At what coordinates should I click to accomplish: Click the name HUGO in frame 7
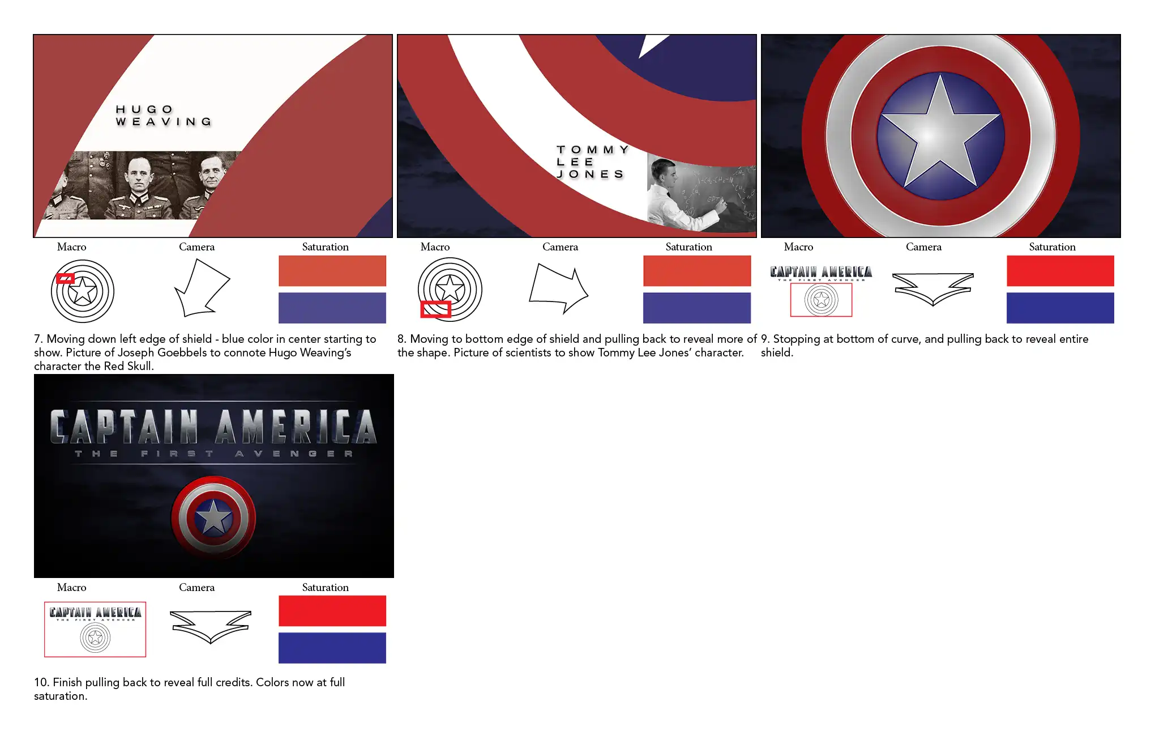[144, 109]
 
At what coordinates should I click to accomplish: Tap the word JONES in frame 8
[591, 174]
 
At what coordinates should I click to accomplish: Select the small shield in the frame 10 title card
[213, 518]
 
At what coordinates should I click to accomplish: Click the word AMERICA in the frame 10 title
[296, 427]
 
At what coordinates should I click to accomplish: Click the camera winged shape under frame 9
[933, 288]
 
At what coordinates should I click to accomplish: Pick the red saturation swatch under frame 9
[1060, 271]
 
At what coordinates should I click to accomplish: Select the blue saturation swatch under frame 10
[332, 648]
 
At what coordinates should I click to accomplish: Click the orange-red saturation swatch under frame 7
[332, 271]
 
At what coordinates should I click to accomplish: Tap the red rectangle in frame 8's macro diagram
[435, 309]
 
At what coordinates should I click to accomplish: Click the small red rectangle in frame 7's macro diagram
[65, 278]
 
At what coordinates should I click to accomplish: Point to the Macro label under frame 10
[72, 587]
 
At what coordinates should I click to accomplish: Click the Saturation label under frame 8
[688, 246]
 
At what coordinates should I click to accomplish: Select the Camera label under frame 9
[923, 246]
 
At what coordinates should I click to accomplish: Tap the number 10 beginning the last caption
[41, 682]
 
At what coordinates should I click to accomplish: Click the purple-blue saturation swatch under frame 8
[697, 308]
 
